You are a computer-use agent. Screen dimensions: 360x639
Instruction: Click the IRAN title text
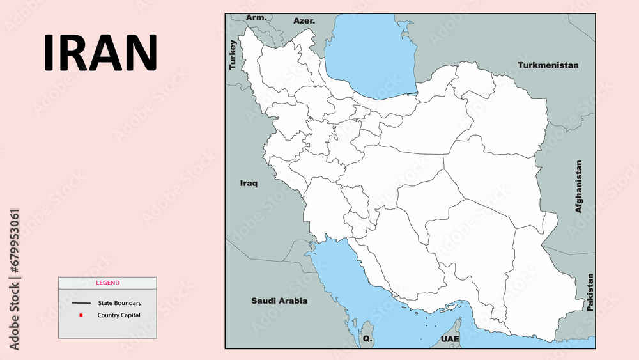tap(100, 52)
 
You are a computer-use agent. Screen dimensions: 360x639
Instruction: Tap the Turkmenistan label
tap(548, 65)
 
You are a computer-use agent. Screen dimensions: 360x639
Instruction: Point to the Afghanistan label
tap(579, 186)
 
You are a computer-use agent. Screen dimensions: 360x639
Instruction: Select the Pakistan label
tap(590, 292)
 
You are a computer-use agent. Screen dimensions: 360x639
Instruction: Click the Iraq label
tap(249, 184)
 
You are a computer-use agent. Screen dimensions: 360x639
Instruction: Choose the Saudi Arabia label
tap(279, 301)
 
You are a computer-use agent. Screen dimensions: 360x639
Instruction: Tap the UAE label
tap(449, 338)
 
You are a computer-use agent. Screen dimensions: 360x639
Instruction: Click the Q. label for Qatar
tap(367, 338)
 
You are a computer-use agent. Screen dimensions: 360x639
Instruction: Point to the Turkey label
tap(233, 55)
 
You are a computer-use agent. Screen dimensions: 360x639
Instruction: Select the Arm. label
tap(256, 17)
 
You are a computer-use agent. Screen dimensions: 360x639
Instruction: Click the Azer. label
tap(304, 20)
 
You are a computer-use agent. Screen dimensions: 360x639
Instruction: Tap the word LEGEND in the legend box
tap(107, 283)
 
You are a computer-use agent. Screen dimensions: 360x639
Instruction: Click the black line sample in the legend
tap(81, 303)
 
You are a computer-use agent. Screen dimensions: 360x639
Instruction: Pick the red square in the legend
tap(81, 315)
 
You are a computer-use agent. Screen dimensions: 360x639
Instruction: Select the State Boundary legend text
tap(119, 303)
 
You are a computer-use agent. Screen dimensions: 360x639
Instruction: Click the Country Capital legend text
tap(119, 315)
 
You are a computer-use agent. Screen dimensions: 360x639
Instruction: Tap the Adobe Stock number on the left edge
tap(15, 279)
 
